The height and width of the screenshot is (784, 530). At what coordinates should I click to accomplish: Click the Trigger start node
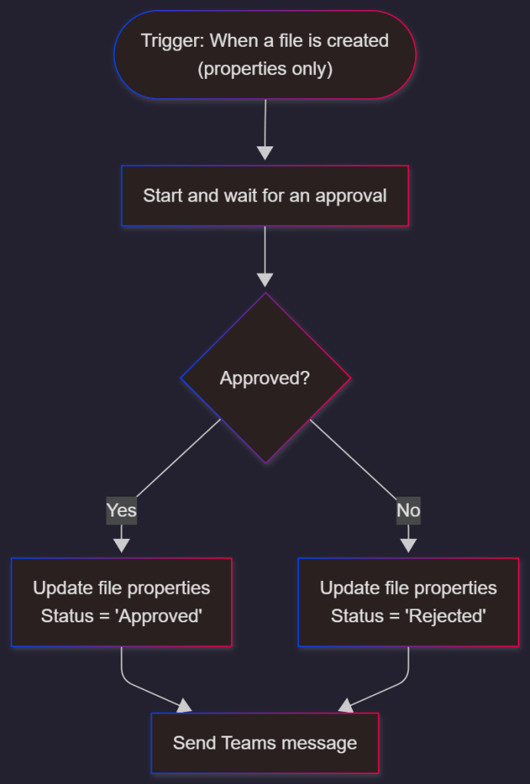(265, 54)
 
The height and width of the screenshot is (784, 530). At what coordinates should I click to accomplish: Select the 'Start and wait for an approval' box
(265, 195)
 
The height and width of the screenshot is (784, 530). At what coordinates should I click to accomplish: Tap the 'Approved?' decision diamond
(265, 378)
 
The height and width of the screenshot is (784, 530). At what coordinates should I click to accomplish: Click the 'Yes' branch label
(121, 510)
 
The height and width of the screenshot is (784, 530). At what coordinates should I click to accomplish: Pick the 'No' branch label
(408, 510)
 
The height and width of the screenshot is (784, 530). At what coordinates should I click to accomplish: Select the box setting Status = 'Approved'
(121, 602)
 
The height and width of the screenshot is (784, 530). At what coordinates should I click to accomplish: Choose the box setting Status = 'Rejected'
(408, 602)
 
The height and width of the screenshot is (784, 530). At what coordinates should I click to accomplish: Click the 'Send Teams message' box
(265, 743)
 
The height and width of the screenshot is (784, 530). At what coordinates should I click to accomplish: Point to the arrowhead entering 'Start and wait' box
(265, 153)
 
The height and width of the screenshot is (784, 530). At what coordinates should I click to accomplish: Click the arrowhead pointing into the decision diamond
(265, 280)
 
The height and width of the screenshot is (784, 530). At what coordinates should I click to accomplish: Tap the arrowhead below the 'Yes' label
(121, 545)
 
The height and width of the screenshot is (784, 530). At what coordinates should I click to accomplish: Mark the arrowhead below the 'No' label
(408, 545)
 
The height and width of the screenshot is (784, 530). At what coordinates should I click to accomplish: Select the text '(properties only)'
(265, 69)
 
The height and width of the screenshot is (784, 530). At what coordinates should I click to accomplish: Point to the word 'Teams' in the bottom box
(249, 743)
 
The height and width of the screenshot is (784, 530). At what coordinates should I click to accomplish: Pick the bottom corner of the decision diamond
(265, 461)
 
